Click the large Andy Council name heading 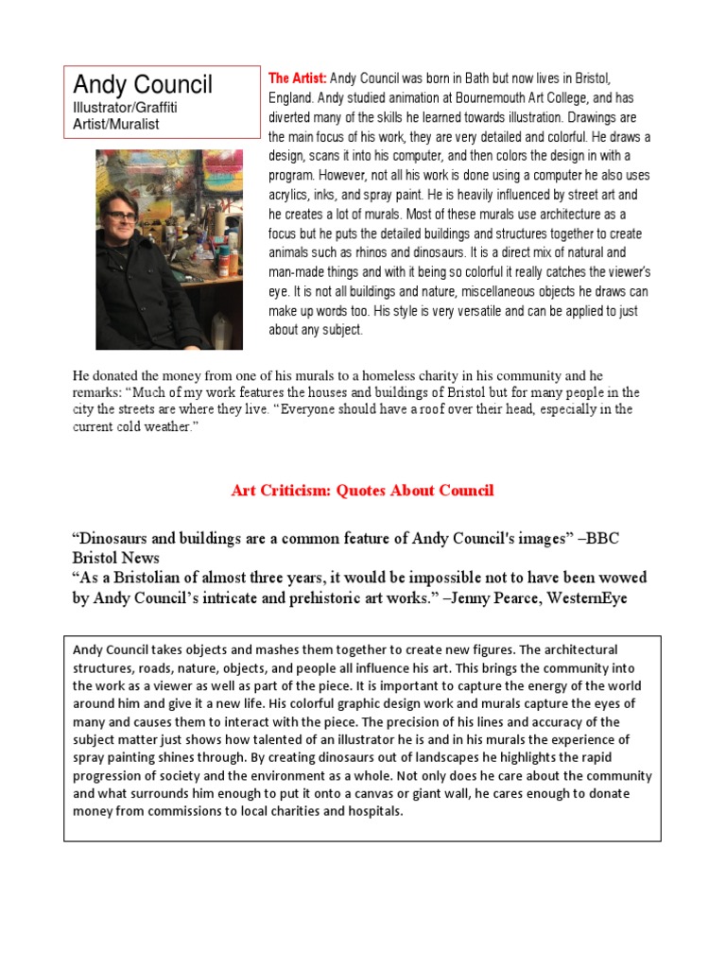coord(143,84)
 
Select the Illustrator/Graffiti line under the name coord(125,107)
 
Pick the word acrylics coord(290,196)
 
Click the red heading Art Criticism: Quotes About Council coord(362,491)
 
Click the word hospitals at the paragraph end coord(373,810)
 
